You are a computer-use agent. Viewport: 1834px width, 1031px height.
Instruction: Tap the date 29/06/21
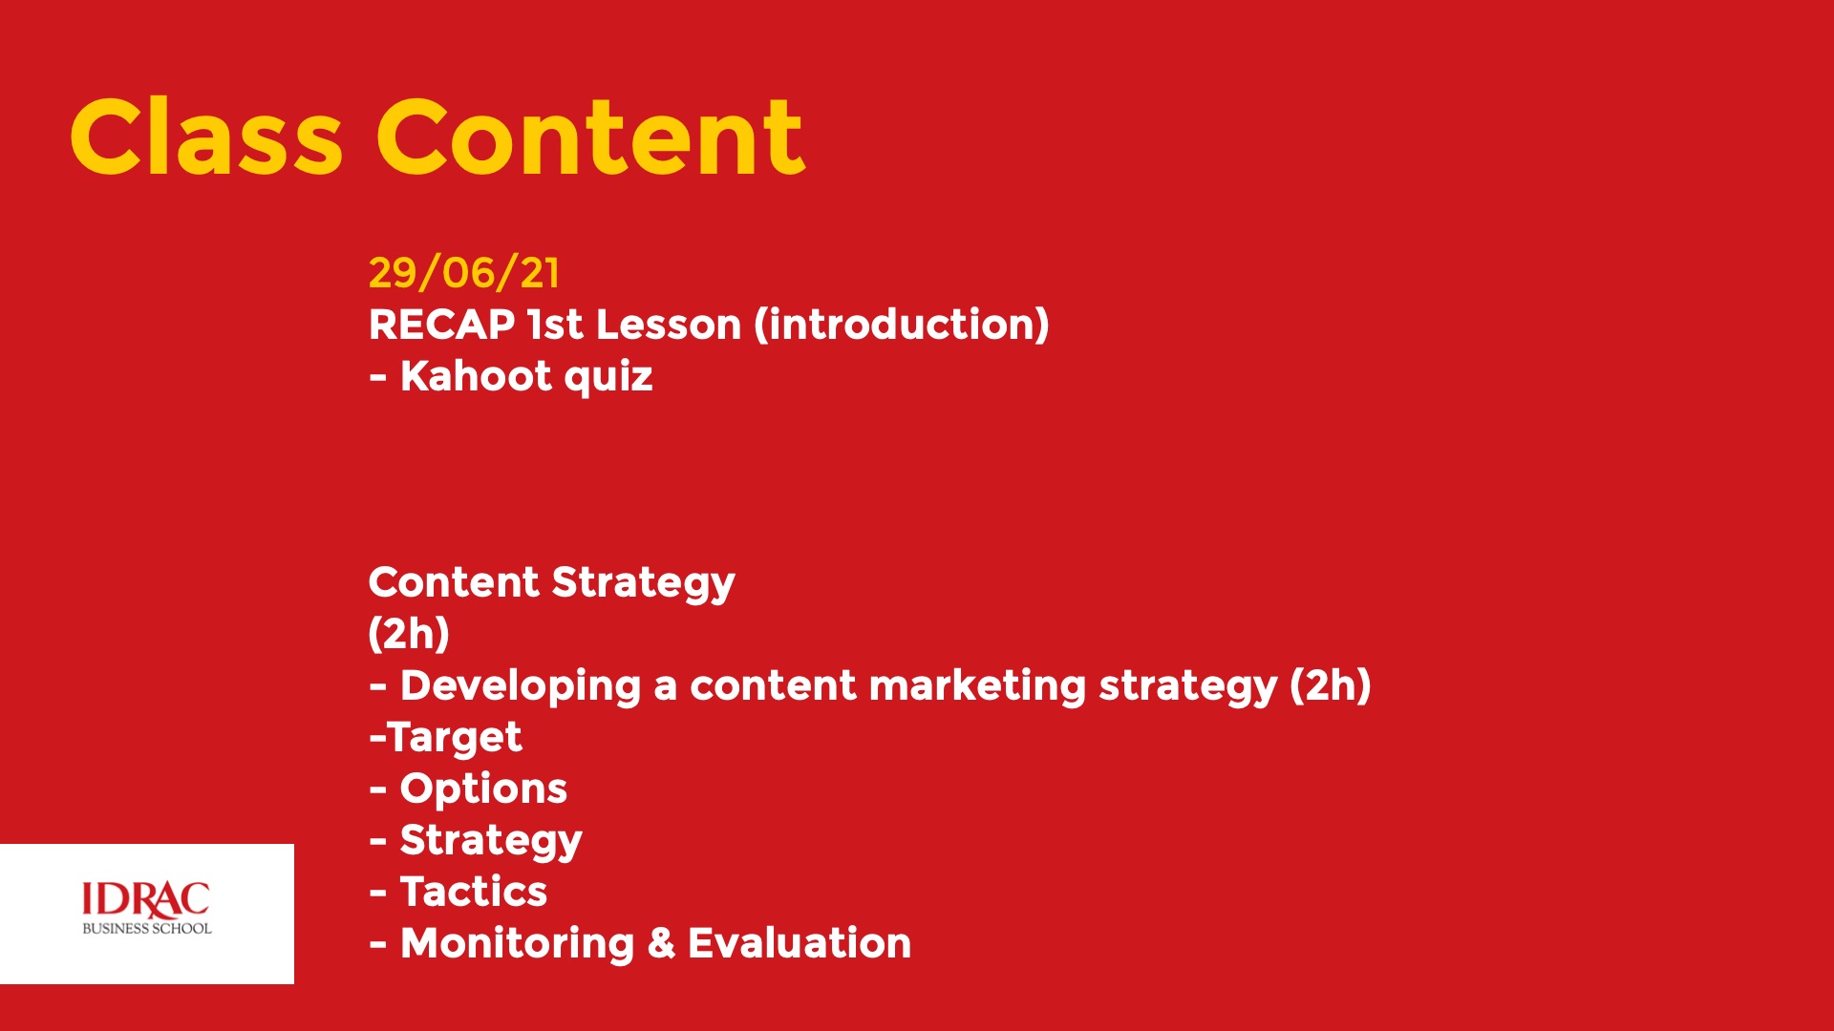click(464, 273)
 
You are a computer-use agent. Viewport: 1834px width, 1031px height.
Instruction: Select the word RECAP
click(442, 325)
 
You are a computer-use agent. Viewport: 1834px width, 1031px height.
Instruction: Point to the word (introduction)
click(902, 325)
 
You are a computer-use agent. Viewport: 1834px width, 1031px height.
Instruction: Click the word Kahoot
click(476, 376)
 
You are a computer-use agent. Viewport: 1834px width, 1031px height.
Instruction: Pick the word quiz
click(608, 378)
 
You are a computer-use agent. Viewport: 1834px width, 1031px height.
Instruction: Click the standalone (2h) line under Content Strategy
click(409, 634)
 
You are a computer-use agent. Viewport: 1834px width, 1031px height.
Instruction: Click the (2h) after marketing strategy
click(1331, 685)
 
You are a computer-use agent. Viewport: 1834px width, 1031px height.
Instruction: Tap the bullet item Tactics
click(474, 892)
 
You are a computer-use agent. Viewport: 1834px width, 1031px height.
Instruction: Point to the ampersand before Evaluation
click(661, 943)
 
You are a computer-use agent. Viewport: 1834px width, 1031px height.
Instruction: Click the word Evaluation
click(800, 943)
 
